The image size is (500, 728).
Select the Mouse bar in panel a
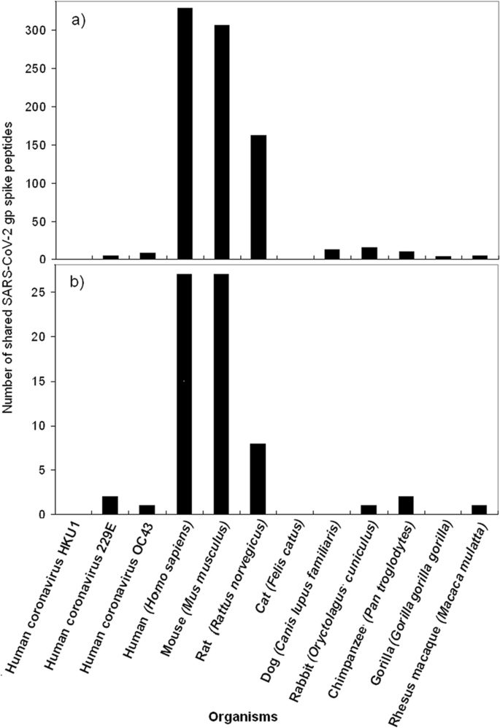[221, 142]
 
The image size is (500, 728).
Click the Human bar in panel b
[184, 394]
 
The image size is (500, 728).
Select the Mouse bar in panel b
[221, 394]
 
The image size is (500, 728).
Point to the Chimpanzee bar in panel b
[407, 506]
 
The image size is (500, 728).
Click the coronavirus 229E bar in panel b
[110, 506]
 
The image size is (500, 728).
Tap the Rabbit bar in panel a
[369, 253]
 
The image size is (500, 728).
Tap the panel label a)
[79, 21]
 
